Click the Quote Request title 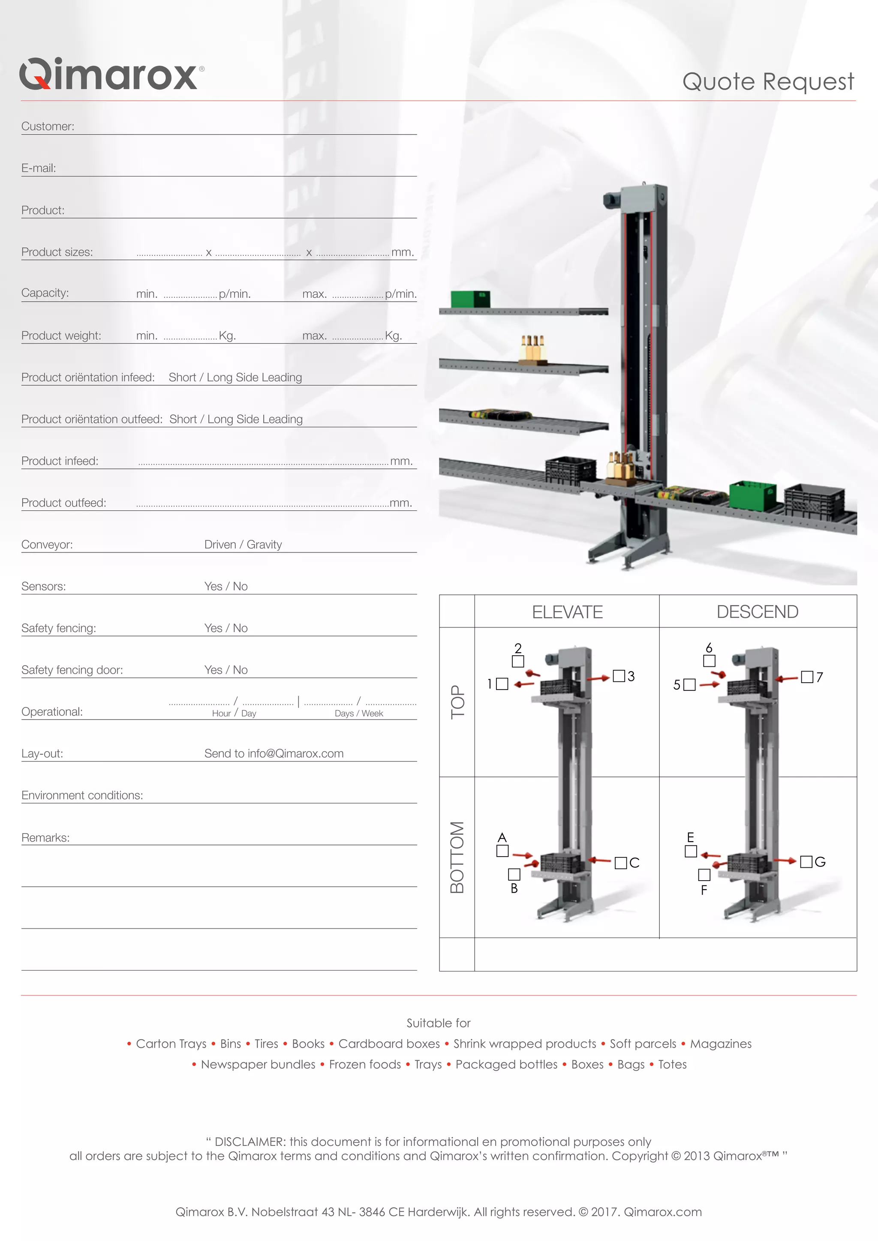click(768, 81)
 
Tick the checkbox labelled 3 click(619, 676)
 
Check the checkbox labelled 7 click(807, 677)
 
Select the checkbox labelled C click(621, 863)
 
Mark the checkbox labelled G click(806, 862)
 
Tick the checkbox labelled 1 click(502, 684)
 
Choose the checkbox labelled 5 click(689, 685)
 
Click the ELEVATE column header click(567, 612)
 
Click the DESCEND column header click(758, 612)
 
